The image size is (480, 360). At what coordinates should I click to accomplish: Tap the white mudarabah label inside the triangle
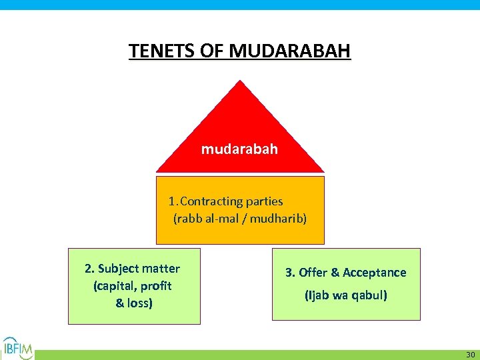(x=239, y=149)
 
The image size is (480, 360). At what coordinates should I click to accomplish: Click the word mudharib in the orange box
(x=279, y=218)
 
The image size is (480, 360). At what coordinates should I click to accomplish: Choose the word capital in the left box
(x=115, y=286)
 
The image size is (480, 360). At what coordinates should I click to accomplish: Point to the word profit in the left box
(x=156, y=286)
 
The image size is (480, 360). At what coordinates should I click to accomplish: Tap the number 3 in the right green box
(x=289, y=273)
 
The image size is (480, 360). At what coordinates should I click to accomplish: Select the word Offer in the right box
(x=313, y=273)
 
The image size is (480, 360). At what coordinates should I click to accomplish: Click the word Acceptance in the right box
(x=375, y=273)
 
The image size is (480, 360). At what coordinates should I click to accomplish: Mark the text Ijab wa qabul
(x=345, y=295)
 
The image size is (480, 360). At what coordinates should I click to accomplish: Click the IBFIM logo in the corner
(x=18, y=347)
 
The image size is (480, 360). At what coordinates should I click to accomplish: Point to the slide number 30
(x=470, y=354)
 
